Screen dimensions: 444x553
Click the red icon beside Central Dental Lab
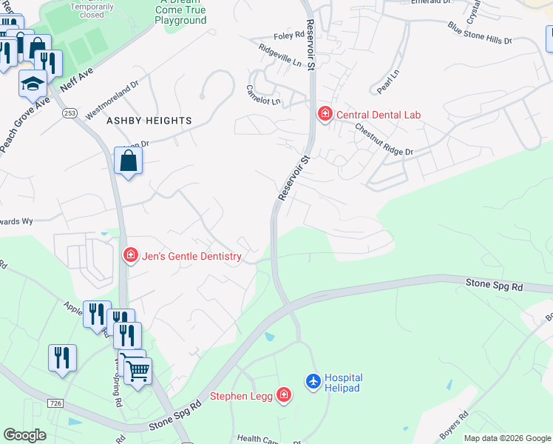click(x=324, y=114)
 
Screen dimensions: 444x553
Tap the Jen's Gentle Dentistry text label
click(x=191, y=256)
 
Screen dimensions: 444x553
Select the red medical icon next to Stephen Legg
click(x=284, y=396)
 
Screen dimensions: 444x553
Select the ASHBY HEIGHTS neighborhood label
click(x=149, y=120)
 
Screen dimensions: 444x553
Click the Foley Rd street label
click(x=289, y=36)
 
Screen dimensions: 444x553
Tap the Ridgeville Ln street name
click(x=280, y=56)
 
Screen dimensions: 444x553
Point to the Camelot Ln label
click(x=263, y=95)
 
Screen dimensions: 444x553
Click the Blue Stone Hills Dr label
click(x=479, y=33)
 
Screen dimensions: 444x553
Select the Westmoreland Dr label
click(x=112, y=100)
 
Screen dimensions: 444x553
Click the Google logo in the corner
click(x=24, y=434)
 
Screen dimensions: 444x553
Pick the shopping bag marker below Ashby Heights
click(x=129, y=160)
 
